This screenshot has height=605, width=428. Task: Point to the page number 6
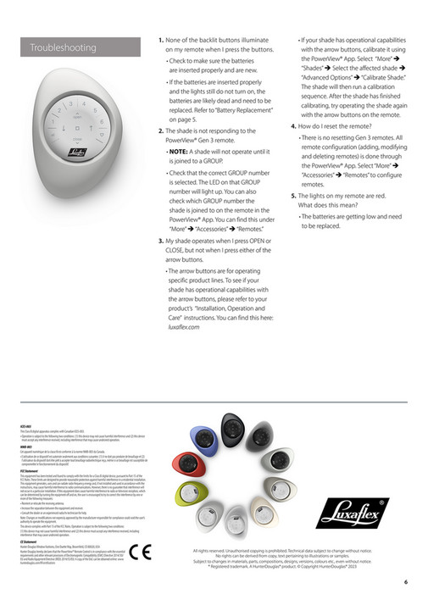point(406,581)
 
